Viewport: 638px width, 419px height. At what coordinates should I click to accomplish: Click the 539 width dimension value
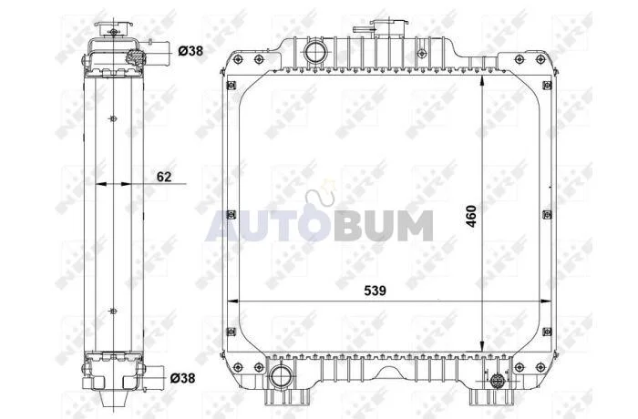point(375,291)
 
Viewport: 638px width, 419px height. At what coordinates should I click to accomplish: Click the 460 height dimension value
point(471,217)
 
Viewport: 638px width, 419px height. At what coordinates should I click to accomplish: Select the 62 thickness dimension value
point(164,177)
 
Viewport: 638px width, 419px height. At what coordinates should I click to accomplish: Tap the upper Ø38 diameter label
point(190,51)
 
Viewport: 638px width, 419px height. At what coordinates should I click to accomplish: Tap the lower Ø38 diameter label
point(182,378)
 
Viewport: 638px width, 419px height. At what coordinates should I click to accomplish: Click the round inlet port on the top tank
point(315,52)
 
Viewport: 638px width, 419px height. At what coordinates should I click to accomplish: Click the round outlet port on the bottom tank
point(281,377)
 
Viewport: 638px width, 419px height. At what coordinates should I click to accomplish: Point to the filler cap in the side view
point(114,29)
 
